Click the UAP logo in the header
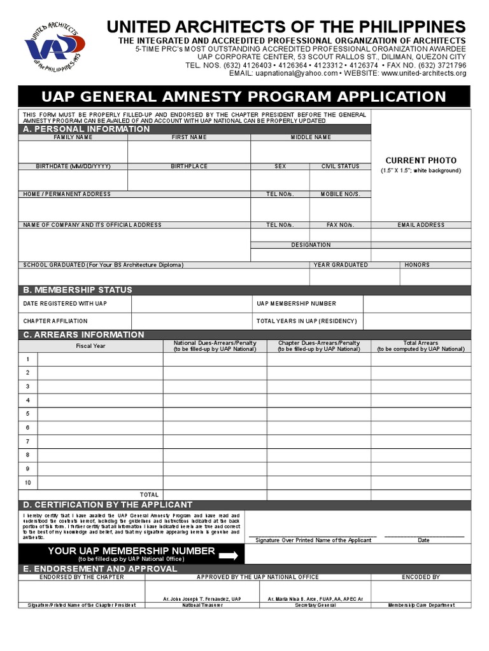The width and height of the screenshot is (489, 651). click(x=54, y=45)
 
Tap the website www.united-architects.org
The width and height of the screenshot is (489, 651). click(x=423, y=74)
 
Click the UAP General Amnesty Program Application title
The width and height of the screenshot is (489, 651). click(x=244, y=97)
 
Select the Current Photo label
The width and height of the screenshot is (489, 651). click(x=421, y=161)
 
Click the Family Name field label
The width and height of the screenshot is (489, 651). click(x=73, y=137)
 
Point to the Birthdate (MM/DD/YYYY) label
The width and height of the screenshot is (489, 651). click(x=73, y=167)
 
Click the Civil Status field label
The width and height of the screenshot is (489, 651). click(x=340, y=167)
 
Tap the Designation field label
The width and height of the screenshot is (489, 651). click(x=311, y=245)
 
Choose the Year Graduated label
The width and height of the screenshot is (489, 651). click(x=340, y=265)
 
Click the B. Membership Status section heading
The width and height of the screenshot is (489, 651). click(x=78, y=290)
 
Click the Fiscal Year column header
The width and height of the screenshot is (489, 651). click(x=90, y=346)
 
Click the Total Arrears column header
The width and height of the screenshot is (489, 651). click(x=421, y=346)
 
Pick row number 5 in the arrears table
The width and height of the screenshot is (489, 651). click(x=28, y=414)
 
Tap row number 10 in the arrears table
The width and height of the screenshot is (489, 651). click(x=28, y=483)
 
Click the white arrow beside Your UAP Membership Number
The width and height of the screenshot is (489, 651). click(x=228, y=555)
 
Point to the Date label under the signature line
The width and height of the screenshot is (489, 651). click(x=423, y=540)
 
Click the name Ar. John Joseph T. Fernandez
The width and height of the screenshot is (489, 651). click(x=202, y=599)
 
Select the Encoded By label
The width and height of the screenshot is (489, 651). click(x=421, y=577)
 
